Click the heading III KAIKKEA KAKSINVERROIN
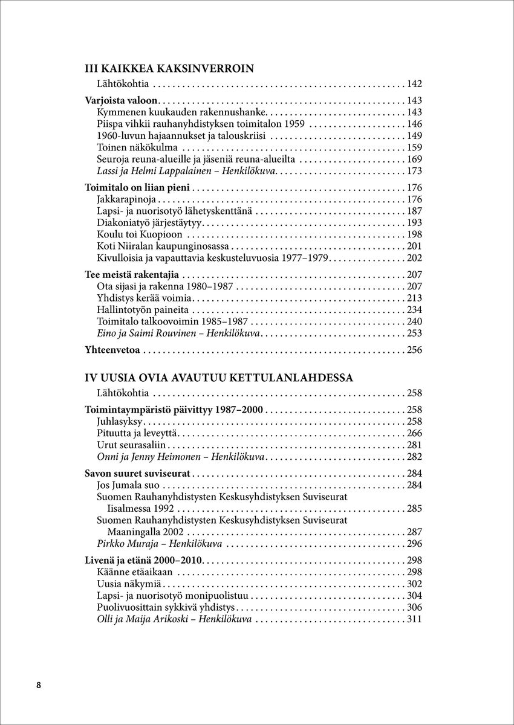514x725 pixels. click(x=169, y=68)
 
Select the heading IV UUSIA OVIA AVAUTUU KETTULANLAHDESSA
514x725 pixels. click(x=219, y=378)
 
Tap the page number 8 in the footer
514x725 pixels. click(x=39, y=685)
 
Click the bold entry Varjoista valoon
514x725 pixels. click(x=122, y=101)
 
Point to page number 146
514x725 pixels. click(x=414, y=124)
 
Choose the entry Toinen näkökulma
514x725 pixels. click(x=137, y=147)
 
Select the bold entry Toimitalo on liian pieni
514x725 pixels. click(x=138, y=188)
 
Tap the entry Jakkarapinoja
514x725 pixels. click(x=126, y=199)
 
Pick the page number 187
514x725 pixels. click(x=414, y=211)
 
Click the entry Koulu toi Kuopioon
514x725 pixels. click(x=140, y=234)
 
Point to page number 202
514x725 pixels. click(x=414, y=258)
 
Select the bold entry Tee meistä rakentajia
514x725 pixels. click(x=132, y=275)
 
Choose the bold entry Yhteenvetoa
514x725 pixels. click(x=112, y=350)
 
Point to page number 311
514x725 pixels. click(x=414, y=619)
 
